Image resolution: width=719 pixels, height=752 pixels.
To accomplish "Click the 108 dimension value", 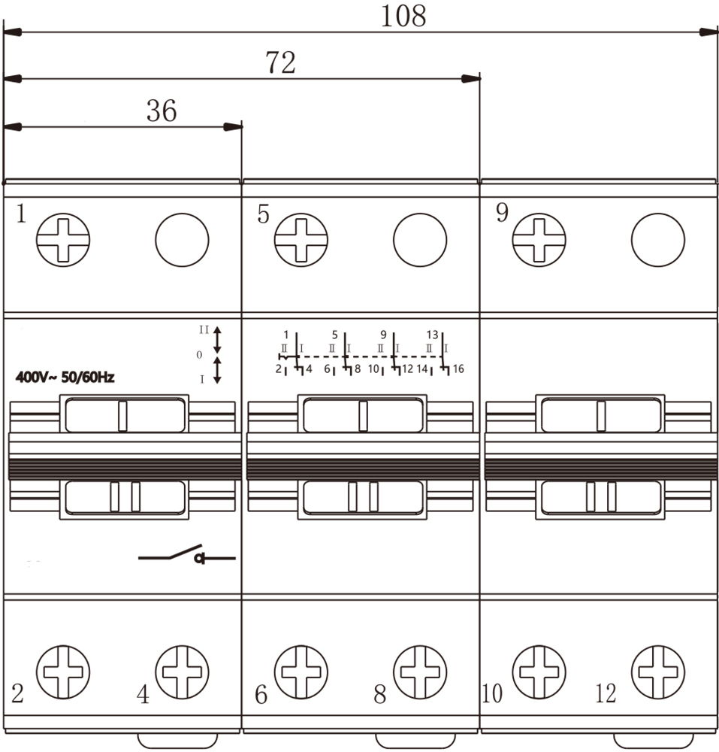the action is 403,16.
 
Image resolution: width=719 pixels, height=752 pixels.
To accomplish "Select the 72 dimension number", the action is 281,62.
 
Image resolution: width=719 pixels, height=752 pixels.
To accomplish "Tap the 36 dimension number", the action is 162,111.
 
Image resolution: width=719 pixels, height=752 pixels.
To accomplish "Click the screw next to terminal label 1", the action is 63,240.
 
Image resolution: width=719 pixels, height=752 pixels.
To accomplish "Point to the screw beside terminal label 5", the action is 301,240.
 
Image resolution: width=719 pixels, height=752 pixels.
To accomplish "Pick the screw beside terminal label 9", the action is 539,240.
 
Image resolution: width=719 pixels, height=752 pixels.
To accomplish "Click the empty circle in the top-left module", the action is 182,240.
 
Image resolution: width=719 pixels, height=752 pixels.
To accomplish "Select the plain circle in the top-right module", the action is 658,240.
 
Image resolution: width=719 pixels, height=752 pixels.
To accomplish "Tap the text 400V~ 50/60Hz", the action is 65,378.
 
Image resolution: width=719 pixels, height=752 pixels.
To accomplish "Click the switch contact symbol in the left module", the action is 187,554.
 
